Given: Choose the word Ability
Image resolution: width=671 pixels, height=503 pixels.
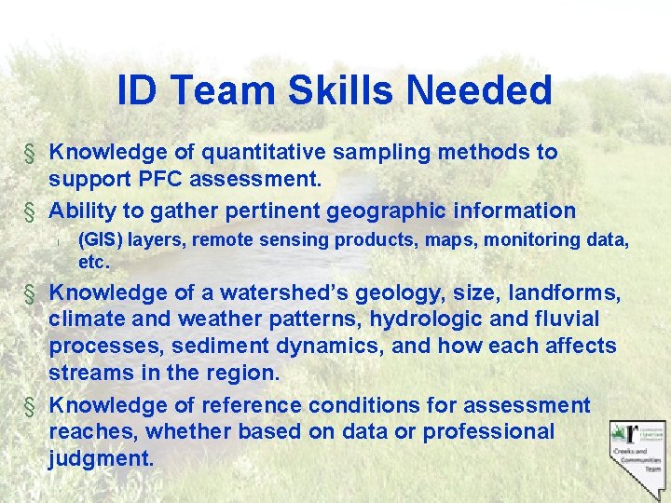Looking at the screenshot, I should pos(81,211).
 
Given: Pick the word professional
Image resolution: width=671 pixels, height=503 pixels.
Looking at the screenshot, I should pos(488,432).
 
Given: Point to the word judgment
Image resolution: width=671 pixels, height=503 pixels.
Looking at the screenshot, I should pos(101,459).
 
